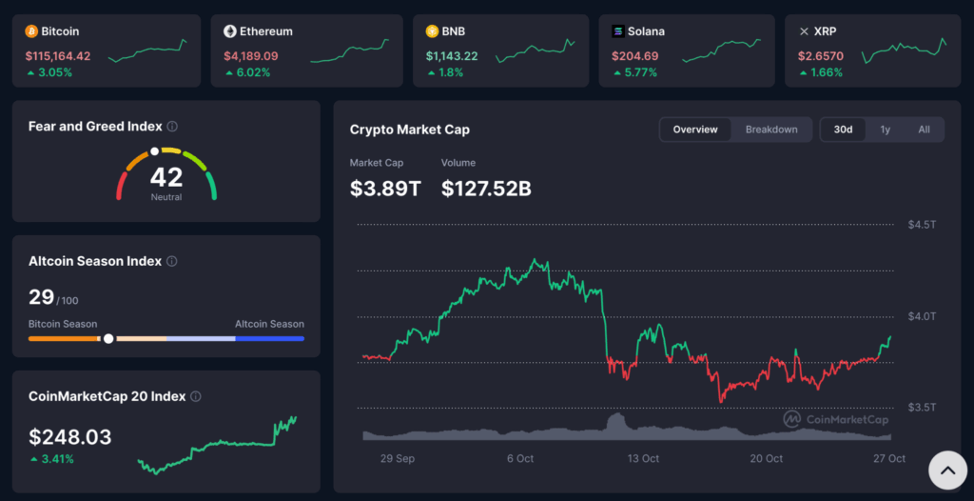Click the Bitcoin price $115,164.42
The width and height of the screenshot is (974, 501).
click(58, 56)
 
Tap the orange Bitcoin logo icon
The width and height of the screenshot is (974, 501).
click(31, 31)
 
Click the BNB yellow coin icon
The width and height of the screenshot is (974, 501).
click(432, 31)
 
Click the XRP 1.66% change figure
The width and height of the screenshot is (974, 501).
click(827, 72)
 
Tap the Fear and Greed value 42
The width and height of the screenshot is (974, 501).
click(166, 177)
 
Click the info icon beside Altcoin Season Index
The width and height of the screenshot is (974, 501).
click(172, 261)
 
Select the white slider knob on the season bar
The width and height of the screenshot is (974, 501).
click(108, 338)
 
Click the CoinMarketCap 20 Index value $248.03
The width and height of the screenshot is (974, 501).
click(70, 437)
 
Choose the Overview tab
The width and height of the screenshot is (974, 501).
click(695, 130)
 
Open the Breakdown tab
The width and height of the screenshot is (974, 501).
click(771, 130)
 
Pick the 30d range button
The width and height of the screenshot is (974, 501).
click(844, 130)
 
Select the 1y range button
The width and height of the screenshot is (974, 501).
click(886, 130)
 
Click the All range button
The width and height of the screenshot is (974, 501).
click(924, 130)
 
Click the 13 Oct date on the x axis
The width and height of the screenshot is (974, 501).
click(643, 458)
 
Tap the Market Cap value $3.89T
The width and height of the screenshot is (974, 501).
click(385, 189)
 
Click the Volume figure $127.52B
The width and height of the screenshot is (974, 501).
click(486, 189)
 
